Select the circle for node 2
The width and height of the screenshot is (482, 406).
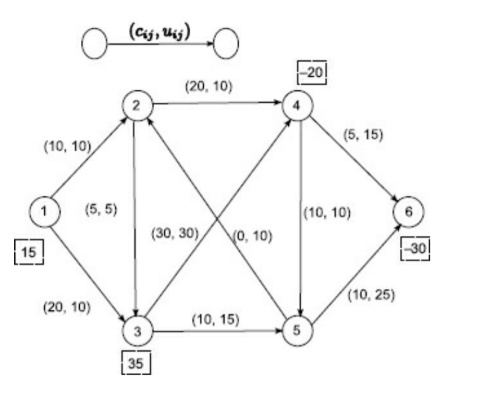tap(136, 106)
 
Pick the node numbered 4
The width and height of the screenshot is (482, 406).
tap(298, 106)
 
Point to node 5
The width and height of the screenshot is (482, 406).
tap(298, 329)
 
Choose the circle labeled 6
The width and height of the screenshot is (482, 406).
tap(408, 211)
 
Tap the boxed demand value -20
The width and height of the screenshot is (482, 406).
tap(312, 72)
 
